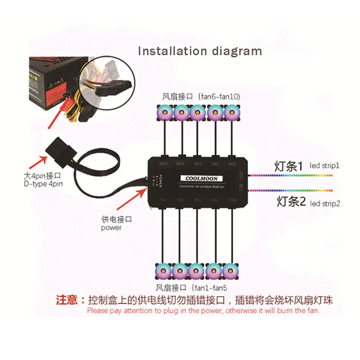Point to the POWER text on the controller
[x=153, y=181]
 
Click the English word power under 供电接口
[x=111, y=228]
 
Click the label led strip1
[x=325, y=166]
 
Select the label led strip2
[x=325, y=203]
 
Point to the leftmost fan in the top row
[x=164, y=111]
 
